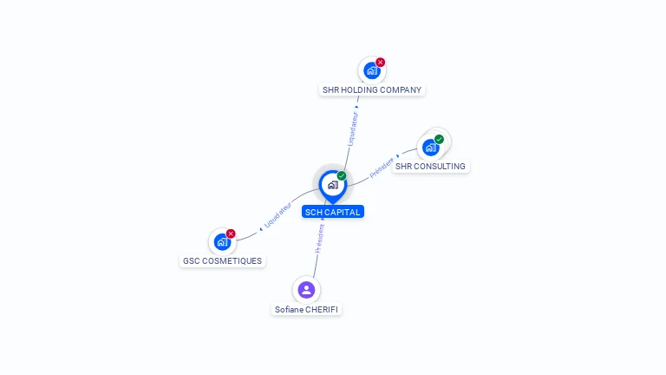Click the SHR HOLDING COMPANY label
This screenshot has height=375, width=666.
tap(372, 89)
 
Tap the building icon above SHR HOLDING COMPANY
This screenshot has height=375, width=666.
tap(372, 70)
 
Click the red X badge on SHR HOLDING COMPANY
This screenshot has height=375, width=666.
tap(380, 62)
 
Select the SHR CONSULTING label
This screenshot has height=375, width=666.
tap(430, 167)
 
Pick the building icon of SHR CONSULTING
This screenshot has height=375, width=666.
tap(430, 148)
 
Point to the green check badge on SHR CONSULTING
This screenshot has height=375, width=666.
tap(439, 140)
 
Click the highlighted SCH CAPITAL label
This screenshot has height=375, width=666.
tap(333, 212)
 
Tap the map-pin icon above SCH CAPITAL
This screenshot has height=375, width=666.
tap(333, 187)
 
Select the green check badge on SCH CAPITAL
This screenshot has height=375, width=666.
tap(342, 176)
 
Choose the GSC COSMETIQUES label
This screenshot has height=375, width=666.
tap(222, 261)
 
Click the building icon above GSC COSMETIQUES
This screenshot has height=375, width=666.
tap(222, 242)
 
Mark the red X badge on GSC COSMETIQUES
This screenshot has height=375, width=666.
tap(231, 234)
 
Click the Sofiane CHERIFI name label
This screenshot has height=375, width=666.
tap(306, 310)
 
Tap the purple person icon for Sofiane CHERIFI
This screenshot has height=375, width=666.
tap(306, 290)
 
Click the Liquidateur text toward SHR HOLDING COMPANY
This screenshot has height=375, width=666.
tap(353, 128)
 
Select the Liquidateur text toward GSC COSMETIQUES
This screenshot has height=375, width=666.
tap(277, 215)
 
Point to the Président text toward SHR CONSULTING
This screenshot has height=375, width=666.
tap(382, 168)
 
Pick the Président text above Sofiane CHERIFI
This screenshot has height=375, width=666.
tap(320, 239)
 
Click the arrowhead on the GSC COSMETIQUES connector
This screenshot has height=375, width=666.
tap(261, 229)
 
